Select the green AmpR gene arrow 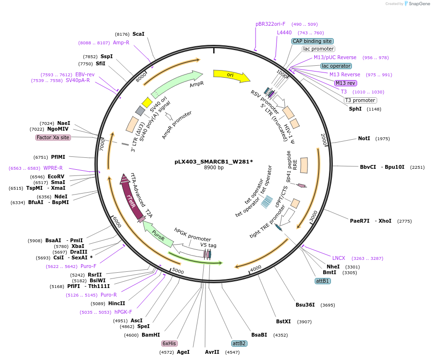(176, 83)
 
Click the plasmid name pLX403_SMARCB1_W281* (214, 162)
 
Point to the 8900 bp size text (214, 168)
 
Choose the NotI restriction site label (364, 139)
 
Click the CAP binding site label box (312, 41)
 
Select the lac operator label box (336, 66)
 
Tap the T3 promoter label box (360, 100)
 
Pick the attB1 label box (323, 281)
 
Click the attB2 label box (239, 343)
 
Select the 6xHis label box (170, 343)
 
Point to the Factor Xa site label (53, 137)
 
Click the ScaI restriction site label (138, 34)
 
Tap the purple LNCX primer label (339, 258)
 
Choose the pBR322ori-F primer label (270, 24)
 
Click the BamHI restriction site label (151, 335)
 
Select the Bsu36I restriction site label (305, 305)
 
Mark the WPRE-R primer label (53, 168)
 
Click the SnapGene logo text (418, 4)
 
